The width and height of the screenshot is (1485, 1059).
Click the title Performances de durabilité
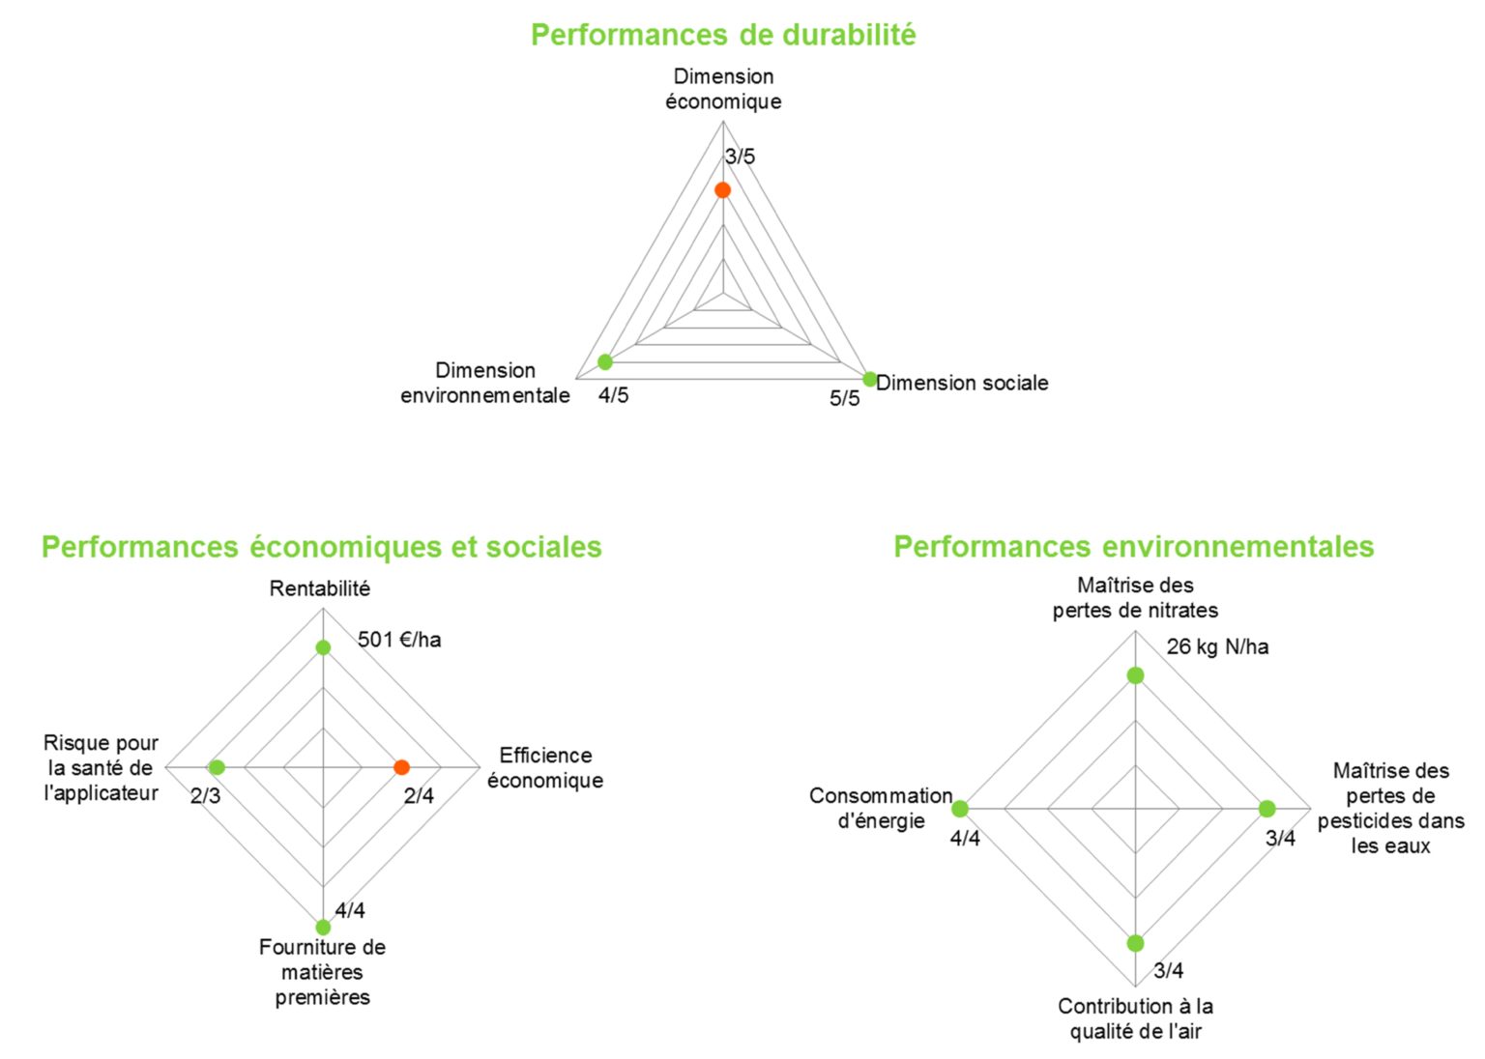click(x=723, y=35)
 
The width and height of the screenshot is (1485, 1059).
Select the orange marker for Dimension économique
click(x=722, y=190)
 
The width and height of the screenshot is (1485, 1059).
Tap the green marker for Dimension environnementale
click(x=605, y=362)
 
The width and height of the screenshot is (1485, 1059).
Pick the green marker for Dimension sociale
click(x=870, y=379)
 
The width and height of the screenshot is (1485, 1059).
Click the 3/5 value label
click(x=741, y=157)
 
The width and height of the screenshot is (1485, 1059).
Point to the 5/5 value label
click(x=844, y=399)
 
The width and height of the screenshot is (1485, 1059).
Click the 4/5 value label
click(x=613, y=395)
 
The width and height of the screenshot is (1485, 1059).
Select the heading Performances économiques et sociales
click(x=321, y=547)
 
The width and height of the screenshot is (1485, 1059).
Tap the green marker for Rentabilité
click(x=323, y=647)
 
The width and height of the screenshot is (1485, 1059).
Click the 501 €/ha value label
click(x=399, y=640)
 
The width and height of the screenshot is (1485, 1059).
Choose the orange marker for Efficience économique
click(x=402, y=767)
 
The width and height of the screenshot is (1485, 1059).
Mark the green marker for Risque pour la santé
click(x=217, y=767)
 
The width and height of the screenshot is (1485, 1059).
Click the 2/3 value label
click(x=205, y=796)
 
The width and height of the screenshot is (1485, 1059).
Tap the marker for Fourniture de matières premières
click(x=323, y=928)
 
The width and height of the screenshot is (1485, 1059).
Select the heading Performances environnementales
click(x=1133, y=547)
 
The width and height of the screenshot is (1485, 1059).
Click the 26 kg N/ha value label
click(x=1217, y=647)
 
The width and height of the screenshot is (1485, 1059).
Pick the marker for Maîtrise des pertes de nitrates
click(x=1136, y=675)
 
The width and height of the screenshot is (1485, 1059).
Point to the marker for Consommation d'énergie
click(x=960, y=809)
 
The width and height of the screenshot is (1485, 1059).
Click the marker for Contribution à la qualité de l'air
click(x=1136, y=943)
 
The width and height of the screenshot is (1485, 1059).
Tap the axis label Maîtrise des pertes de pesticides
click(x=1390, y=808)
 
